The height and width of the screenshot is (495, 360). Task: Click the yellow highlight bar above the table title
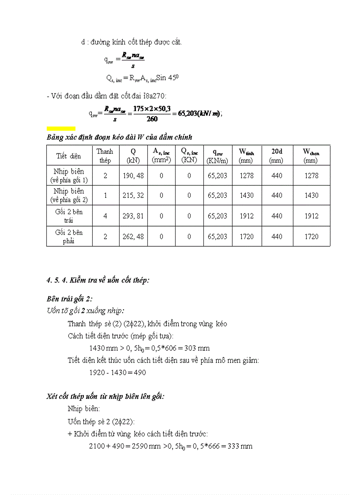[61, 129]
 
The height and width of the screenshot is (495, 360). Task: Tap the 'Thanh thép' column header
[105, 156]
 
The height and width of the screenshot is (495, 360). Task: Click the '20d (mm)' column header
[277, 156]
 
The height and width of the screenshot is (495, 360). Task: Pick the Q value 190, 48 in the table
[133, 175]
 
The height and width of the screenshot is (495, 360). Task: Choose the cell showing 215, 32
[133, 195]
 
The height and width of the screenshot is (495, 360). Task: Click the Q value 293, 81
[133, 216]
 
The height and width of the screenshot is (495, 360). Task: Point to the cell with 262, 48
[133, 236]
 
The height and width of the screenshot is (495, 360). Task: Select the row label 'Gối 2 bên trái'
[69, 216]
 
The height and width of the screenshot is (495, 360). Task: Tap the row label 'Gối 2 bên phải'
[69, 236]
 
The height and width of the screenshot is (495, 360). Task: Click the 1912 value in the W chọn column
[311, 216]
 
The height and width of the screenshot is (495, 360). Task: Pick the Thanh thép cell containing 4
[105, 216]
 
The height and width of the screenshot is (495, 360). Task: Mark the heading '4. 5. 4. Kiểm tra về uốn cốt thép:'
[97, 280]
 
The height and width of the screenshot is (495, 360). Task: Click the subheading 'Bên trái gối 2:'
[69, 298]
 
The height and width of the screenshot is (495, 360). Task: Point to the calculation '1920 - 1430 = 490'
[117, 372]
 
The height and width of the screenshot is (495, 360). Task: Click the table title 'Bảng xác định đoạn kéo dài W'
[119, 138]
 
